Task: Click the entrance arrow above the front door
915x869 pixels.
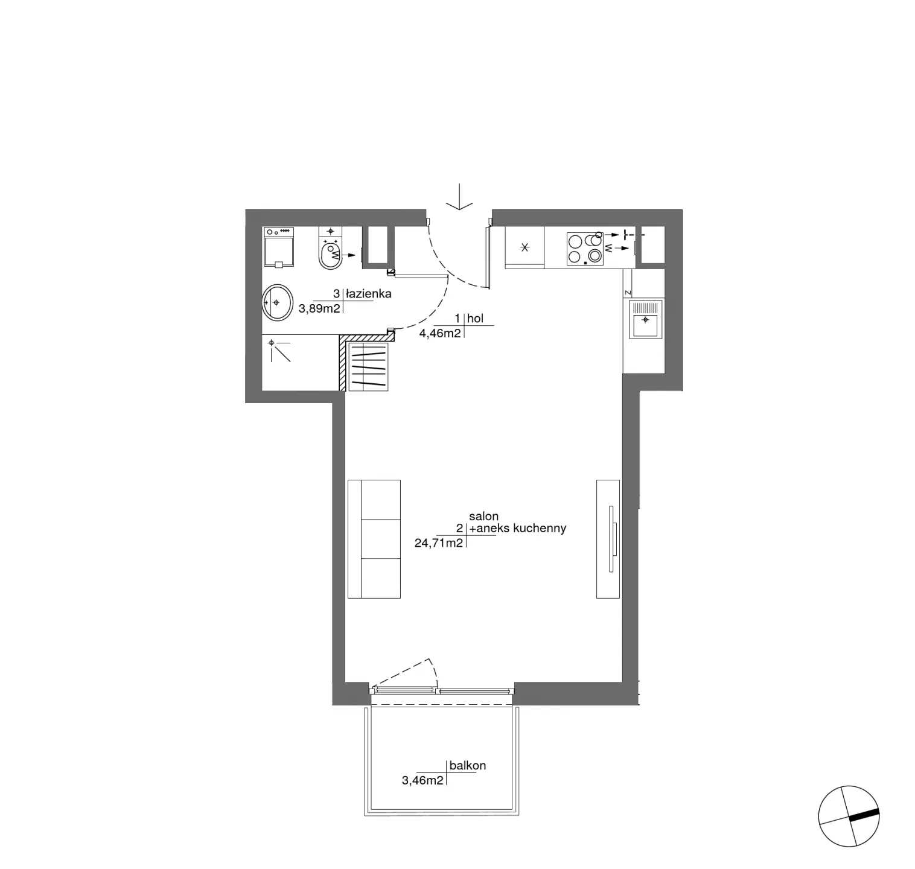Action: pyautogui.click(x=460, y=197)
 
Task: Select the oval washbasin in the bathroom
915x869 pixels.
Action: pyautogui.click(x=277, y=303)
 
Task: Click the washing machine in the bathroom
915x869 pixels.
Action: pyautogui.click(x=278, y=247)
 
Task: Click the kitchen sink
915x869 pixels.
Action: pyautogui.click(x=645, y=319)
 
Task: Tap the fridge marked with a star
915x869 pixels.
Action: pyautogui.click(x=524, y=247)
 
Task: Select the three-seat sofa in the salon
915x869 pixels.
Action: pyautogui.click(x=374, y=539)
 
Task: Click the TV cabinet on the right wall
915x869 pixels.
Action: pyautogui.click(x=608, y=539)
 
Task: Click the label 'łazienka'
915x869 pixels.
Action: pyautogui.click(x=369, y=294)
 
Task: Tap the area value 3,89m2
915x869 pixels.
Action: pyautogui.click(x=320, y=309)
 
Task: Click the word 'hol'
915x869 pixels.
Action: pyautogui.click(x=476, y=319)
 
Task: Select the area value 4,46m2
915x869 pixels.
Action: pyautogui.click(x=441, y=333)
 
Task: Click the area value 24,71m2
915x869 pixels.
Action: pyautogui.click(x=439, y=543)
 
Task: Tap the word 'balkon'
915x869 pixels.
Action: pyautogui.click(x=468, y=766)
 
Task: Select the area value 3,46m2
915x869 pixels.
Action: pyautogui.click(x=423, y=781)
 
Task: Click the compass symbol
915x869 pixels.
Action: pyautogui.click(x=849, y=816)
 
